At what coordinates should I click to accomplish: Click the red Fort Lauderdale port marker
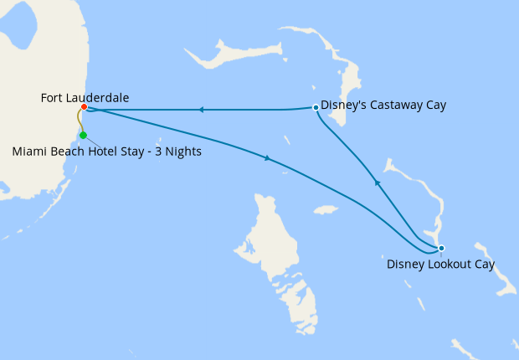point(85,107)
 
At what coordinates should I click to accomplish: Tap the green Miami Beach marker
point(83,135)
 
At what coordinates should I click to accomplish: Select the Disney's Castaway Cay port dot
point(315,107)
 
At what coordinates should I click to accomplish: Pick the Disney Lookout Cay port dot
point(441,248)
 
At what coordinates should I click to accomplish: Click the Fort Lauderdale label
point(85,98)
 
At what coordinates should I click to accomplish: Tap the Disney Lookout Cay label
point(440,265)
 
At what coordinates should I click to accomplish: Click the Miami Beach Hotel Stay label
point(106,152)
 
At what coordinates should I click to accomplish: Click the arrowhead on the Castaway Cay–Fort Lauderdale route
point(201,110)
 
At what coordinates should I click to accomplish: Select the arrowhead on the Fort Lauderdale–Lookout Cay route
point(267,158)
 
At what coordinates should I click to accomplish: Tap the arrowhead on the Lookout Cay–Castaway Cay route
point(377,182)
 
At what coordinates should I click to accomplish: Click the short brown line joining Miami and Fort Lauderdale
point(80,121)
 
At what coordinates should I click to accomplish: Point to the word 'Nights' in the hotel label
point(182,152)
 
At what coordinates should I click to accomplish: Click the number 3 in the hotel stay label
point(155,152)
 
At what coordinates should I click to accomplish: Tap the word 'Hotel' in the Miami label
point(95,152)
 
